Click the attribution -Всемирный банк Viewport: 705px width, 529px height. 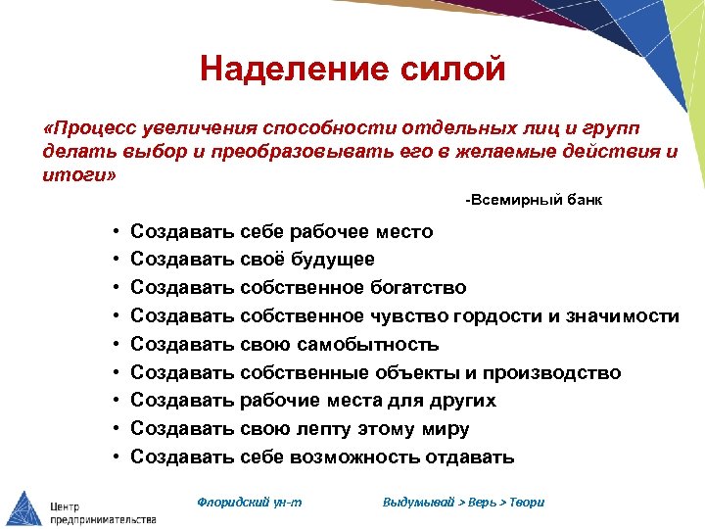tap(534, 200)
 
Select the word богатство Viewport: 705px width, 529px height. tap(415, 288)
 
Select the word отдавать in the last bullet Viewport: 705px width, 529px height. tap(469, 457)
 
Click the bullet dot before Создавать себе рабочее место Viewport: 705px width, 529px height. tap(116, 232)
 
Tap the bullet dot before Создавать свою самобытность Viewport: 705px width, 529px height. tap(116, 345)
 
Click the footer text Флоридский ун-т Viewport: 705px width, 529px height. tap(250, 502)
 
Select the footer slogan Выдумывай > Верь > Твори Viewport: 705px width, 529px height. tap(463, 502)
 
